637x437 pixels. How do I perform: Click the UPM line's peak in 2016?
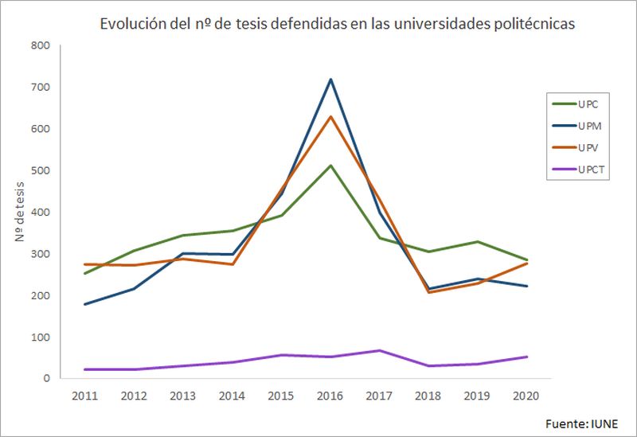[330, 80]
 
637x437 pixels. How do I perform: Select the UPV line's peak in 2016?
[330, 117]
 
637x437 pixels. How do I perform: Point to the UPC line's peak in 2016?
[330, 166]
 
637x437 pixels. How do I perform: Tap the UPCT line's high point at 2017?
[381, 350]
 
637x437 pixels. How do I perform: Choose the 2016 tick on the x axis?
[330, 395]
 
